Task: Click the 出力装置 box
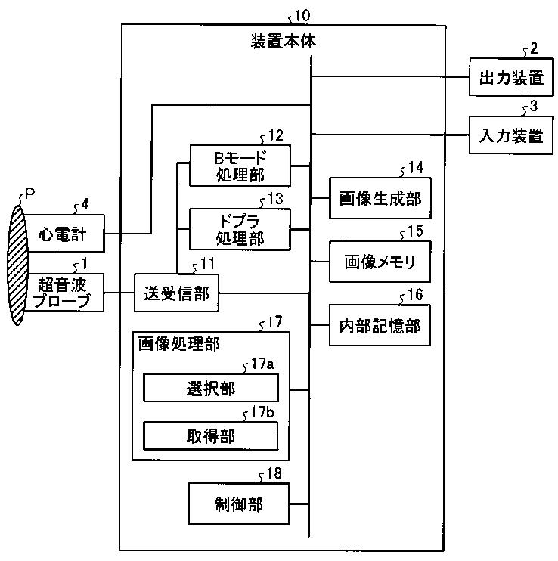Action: pos(511,77)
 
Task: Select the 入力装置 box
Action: pos(511,135)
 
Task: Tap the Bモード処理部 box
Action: pos(240,166)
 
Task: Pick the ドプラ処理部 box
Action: pos(240,229)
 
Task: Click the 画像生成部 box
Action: pos(380,198)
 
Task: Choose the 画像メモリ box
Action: pos(380,262)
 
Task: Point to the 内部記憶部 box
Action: pos(380,325)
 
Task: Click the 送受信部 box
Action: pos(176,293)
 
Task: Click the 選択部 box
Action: pos(211,388)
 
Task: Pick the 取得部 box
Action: pos(211,436)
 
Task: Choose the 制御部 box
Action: pos(239,504)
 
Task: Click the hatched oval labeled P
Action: pos(17,265)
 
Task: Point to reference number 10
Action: pos(302,15)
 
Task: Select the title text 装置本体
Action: pos(284,41)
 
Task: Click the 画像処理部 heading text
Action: pos(178,344)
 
